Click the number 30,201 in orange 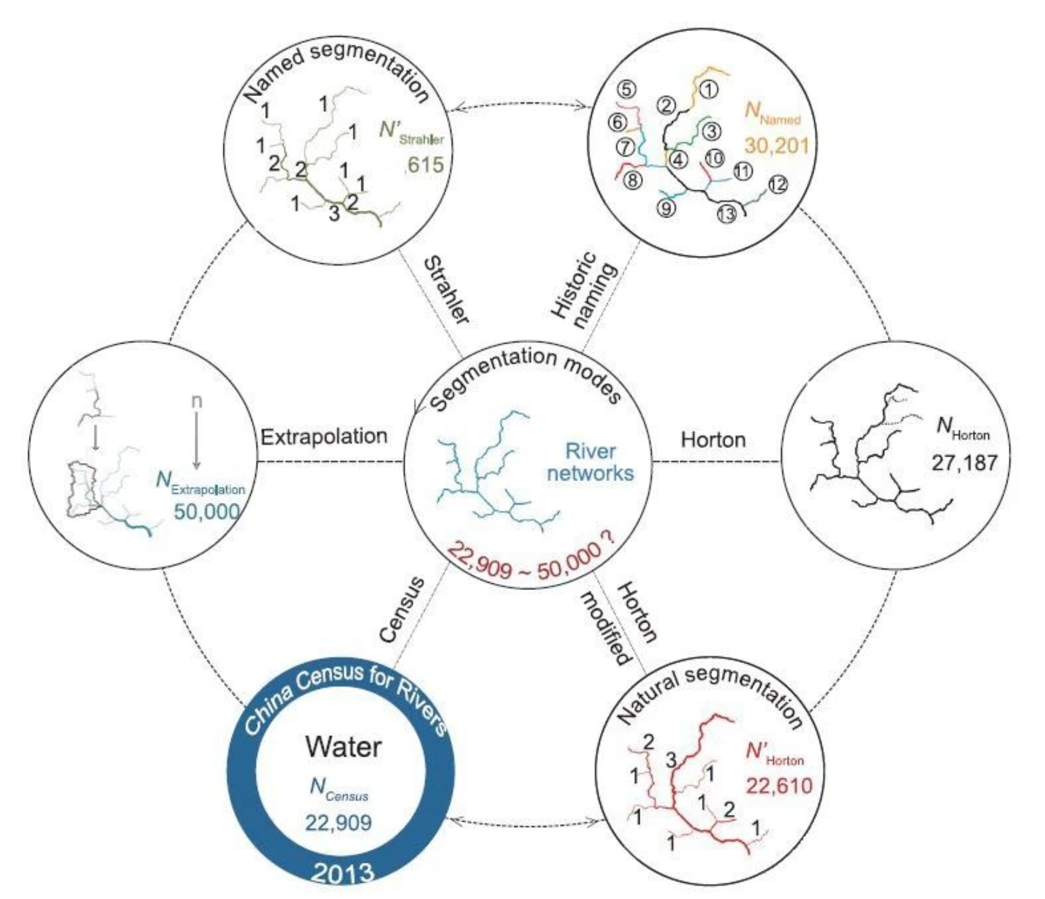click(776, 145)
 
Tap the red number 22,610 click(779, 785)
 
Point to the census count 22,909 click(338, 822)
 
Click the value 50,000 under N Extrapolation click(207, 511)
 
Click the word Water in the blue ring click(343, 747)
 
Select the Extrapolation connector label click(324, 436)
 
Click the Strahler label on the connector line click(446, 290)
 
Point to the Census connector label click(402, 610)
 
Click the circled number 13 click(727, 214)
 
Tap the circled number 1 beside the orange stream click(709, 89)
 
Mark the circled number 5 click(626, 89)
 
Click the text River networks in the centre click(590, 462)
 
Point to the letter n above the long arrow click(196, 401)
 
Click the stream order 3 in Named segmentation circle click(334, 213)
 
